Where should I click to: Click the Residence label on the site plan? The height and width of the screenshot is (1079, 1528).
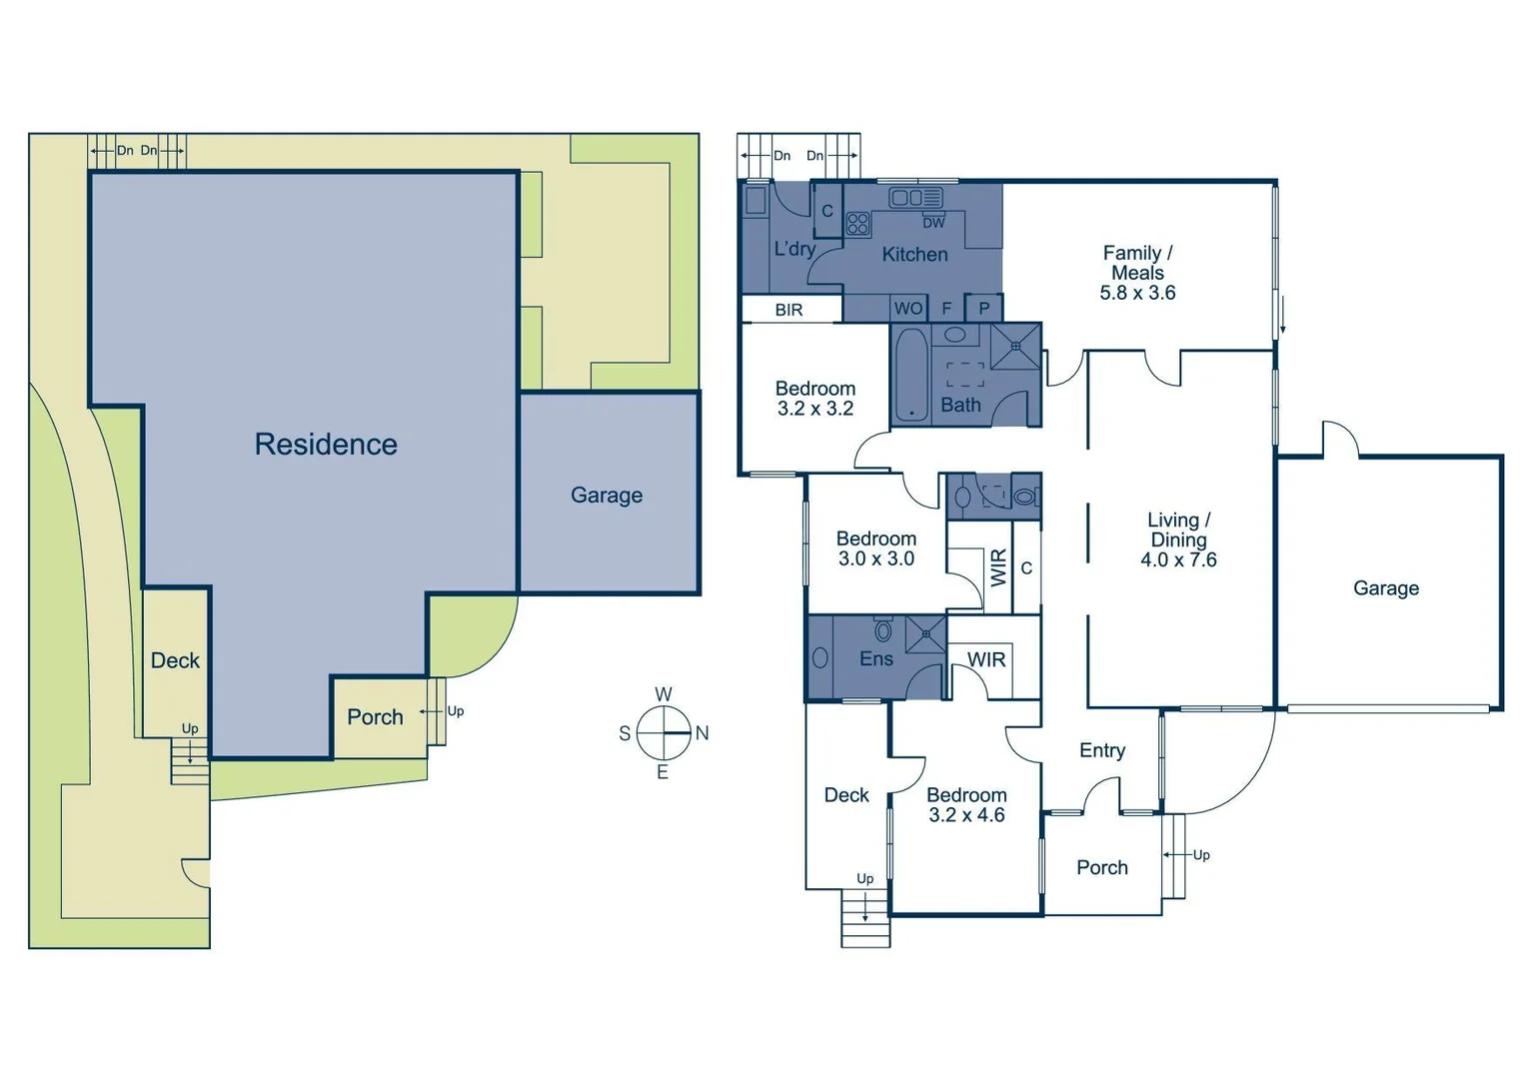point(326,445)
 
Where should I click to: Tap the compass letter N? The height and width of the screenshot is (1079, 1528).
point(703,733)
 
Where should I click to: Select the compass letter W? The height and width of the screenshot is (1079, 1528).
point(664,694)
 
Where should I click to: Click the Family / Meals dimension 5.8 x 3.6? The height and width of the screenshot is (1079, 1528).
point(1137,293)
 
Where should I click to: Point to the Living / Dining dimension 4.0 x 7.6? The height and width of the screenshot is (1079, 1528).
point(1178,560)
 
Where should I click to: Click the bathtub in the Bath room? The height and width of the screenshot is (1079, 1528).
point(910,374)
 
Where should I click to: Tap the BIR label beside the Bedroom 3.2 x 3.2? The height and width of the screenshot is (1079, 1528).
point(788,310)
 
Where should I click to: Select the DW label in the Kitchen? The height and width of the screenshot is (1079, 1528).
point(933,223)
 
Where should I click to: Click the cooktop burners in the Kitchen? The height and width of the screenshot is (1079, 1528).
point(857,223)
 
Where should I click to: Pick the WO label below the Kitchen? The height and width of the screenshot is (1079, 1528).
point(908,309)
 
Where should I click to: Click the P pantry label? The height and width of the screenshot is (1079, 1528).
point(984,309)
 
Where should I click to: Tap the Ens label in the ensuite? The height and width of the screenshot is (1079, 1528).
point(876,658)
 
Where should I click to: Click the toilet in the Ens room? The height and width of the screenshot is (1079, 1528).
point(883,630)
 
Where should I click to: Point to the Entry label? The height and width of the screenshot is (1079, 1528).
point(1102,750)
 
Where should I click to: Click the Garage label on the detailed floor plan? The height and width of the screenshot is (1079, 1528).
point(1386,588)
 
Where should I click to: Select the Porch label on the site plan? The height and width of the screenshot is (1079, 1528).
point(375,717)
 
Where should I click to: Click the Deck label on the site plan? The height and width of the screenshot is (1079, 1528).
point(175,660)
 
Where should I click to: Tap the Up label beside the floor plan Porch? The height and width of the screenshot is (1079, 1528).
point(1201,855)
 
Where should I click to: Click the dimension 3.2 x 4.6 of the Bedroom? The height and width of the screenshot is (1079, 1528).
point(966,815)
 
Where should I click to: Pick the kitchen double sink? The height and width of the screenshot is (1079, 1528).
point(914,197)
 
